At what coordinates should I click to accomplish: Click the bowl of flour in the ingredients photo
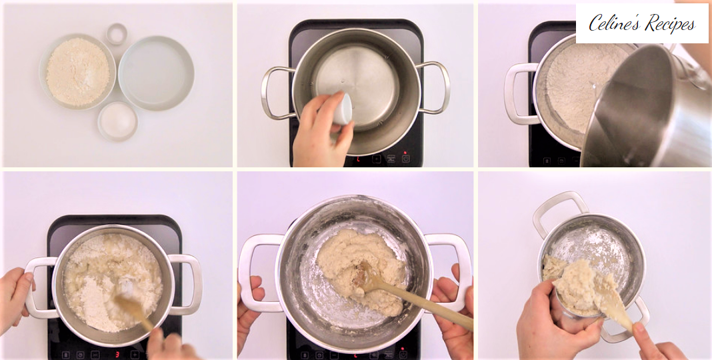click(x=77, y=72)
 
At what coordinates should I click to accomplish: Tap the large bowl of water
click(x=156, y=73)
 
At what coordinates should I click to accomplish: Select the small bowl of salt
click(x=117, y=121)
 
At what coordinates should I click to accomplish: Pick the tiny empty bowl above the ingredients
click(x=117, y=33)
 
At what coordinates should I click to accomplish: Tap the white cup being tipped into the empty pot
click(x=343, y=109)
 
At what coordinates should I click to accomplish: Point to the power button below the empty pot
click(x=405, y=159)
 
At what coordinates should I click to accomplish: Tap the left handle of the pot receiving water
click(x=519, y=93)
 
